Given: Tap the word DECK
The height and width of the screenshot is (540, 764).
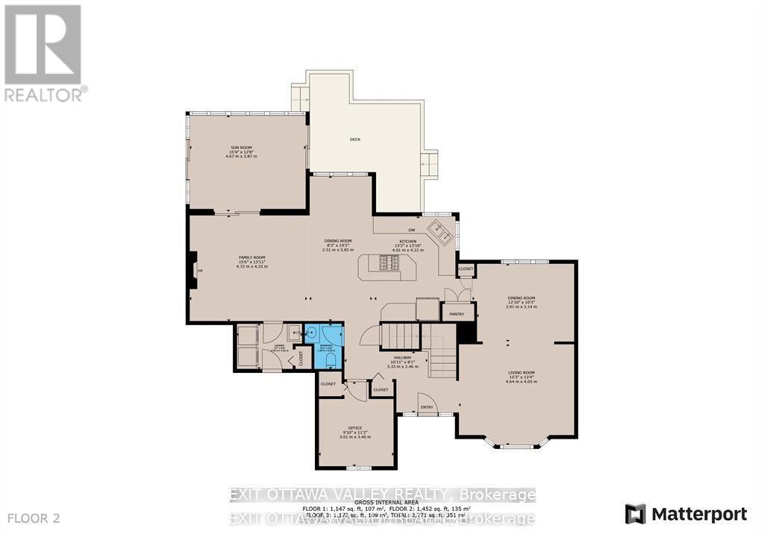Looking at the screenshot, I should [x=355, y=139].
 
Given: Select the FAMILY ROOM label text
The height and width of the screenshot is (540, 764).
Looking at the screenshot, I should [x=251, y=257].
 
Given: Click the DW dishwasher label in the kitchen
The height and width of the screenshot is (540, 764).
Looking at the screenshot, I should [x=410, y=230].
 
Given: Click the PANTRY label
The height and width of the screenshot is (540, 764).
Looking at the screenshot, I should [x=457, y=314].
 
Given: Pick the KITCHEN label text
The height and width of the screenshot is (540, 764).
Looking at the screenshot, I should [x=407, y=242].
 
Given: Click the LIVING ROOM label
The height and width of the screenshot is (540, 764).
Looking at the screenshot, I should [x=522, y=372].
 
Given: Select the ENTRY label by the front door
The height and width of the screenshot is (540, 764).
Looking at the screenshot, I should [x=427, y=406].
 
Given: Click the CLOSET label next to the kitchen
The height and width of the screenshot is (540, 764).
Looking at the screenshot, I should [x=466, y=269].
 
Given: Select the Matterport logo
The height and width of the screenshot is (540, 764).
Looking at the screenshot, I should [x=686, y=514].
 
